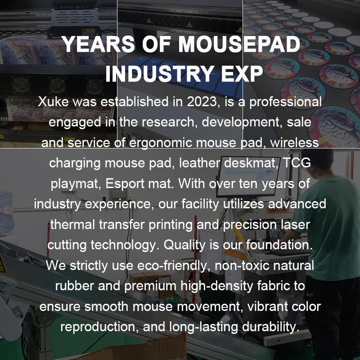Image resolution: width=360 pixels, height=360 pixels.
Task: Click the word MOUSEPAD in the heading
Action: [239, 44]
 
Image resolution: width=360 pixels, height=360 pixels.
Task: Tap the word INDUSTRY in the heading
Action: [159, 74]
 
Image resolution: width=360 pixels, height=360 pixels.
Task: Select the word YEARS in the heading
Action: [98, 44]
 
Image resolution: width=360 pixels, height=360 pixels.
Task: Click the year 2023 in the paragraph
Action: [202, 102]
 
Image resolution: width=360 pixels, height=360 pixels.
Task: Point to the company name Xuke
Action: [53, 102]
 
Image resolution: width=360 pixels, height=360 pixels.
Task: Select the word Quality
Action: [184, 245]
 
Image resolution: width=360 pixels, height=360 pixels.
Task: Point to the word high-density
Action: [216, 286]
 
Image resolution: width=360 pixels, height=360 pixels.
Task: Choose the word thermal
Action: [72, 224]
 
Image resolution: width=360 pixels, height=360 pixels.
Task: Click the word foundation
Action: [279, 245]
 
